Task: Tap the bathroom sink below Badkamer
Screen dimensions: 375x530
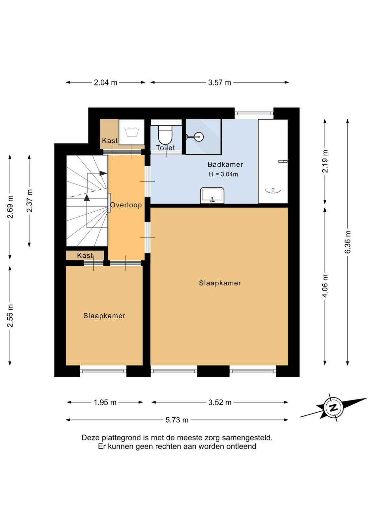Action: point(212,195)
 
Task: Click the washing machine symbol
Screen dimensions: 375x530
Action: point(132,132)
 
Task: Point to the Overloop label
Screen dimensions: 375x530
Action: point(126,205)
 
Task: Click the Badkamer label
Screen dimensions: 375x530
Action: point(225,164)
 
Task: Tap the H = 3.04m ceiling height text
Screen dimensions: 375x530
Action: point(223,174)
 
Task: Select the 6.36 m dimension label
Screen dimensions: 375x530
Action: point(348,241)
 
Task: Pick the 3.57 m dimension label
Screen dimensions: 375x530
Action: point(220,82)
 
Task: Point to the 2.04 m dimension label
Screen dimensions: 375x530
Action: point(106,82)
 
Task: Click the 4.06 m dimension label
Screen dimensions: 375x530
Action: point(325,286)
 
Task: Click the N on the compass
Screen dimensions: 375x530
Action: point(334,408)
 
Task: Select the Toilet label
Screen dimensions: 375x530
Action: point(165,148)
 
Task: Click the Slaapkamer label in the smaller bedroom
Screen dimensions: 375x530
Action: point(104,316)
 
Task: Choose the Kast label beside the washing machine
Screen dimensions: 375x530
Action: point(110,140)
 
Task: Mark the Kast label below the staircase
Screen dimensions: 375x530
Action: point(85,255)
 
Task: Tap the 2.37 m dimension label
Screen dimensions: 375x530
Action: point(29,200)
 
